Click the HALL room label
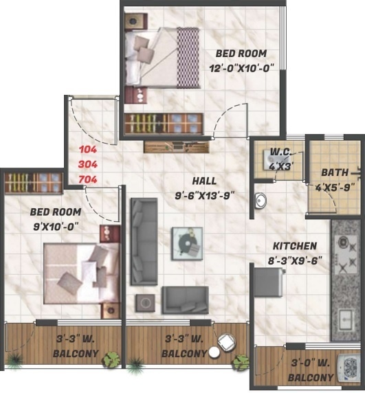(x=205, y=181)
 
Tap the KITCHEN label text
(x=294, y=246)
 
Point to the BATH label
(x=333, y=173)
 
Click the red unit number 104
(x=87, y=150)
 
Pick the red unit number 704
(x=87, y=179)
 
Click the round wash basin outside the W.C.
(x=261, y=201)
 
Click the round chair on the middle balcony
(x=225, y=341)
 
